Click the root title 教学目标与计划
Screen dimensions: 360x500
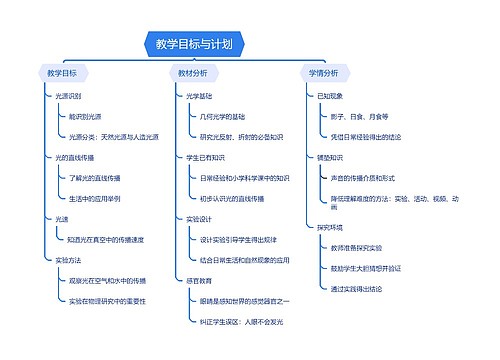[194, 43]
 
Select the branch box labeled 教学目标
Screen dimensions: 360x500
[62, 73]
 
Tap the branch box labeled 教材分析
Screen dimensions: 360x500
[193, 73]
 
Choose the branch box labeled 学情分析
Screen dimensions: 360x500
[323, 73]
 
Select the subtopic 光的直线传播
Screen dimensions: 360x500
[75, 157]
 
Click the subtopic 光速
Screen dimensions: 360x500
[62, 219]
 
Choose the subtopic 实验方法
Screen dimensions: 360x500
[67, 259]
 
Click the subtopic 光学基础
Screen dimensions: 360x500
[199, 96]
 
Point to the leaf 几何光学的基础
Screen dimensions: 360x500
[225, 116]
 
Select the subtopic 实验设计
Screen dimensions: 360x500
[199, 219]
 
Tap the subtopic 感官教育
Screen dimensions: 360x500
[199, 280]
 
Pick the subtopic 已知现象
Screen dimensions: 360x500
[329, 96]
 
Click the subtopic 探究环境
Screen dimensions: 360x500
[329, 227]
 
